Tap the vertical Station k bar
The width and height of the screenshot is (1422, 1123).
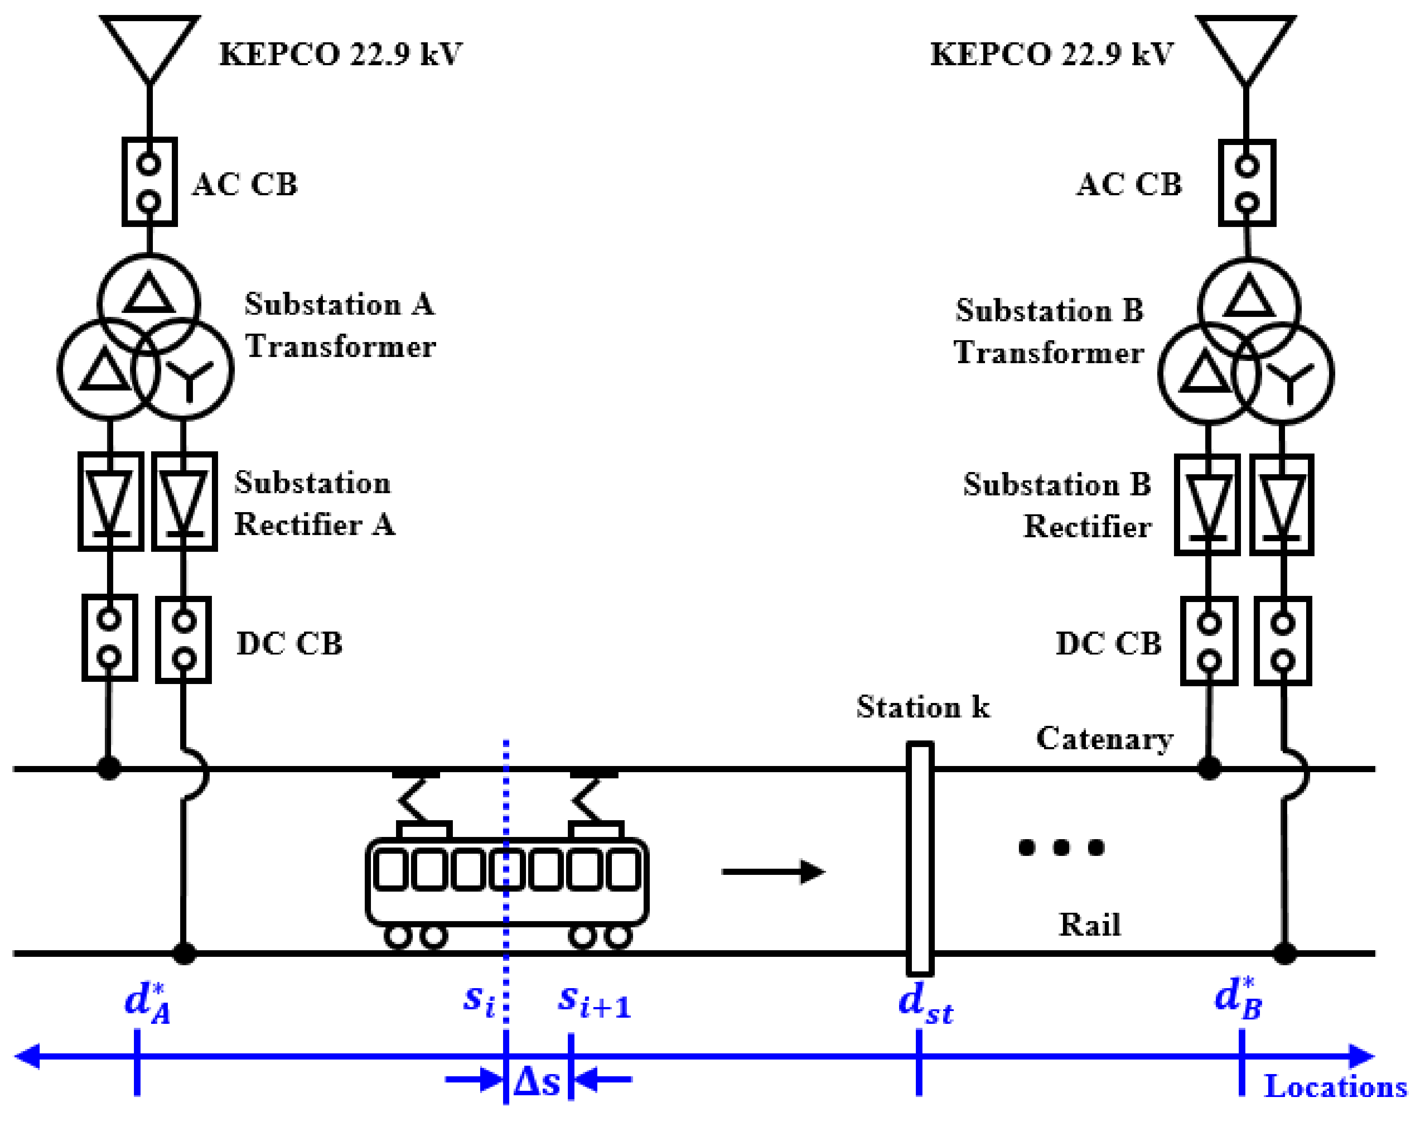[919, 858]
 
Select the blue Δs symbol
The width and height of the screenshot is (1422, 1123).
[537, 1081]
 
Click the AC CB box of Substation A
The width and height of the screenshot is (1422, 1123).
[149, 182]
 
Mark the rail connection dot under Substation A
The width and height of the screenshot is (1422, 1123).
[184, 953]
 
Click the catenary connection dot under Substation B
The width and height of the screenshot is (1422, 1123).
[1209, 768]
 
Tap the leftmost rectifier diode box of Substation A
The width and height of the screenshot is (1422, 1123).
[111, 501]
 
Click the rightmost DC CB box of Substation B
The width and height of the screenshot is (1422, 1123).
[1283, 641]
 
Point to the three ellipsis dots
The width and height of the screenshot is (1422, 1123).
[1061, 848]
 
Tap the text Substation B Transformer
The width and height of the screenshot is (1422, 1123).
[1049, 331]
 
